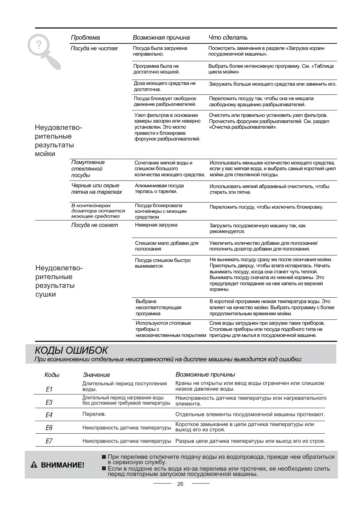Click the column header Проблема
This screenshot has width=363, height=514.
click(85, 37)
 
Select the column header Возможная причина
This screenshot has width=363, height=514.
click(161, 37)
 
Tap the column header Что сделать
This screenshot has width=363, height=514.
click(228, 37)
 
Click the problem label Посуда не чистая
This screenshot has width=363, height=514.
click(94, 48)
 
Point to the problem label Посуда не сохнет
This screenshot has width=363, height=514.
click(94, 225)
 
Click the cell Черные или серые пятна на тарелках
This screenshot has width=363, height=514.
click(97, 189)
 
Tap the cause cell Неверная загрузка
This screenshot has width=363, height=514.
click(156, 225)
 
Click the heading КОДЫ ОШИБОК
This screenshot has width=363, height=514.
click(71, 350)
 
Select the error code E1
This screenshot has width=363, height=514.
click(49, 389)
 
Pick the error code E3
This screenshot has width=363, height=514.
click(49, 402)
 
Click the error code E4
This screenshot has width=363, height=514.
click(49, 415)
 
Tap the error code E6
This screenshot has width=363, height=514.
click(49, 428)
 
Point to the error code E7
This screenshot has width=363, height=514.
click(49, 441)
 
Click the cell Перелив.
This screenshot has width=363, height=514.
click(94, 414)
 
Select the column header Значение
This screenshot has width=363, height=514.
click(96, 375)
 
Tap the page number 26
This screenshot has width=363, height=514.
click(180, 484)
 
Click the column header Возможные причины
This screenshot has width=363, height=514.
click(205, 374)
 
